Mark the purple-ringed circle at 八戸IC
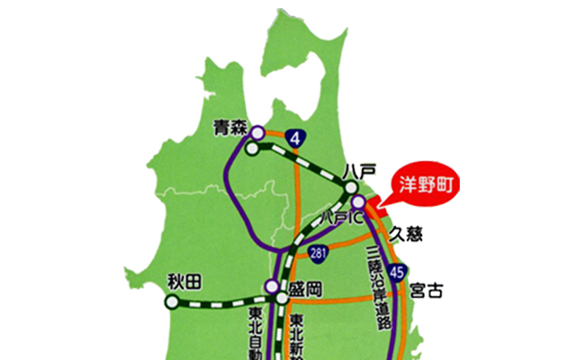pyautogui.click(x=358, y=202)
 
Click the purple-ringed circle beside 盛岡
pyautogui.click(x=270, y=287)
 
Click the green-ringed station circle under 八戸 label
pyautogui.click(x=351, y=188)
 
